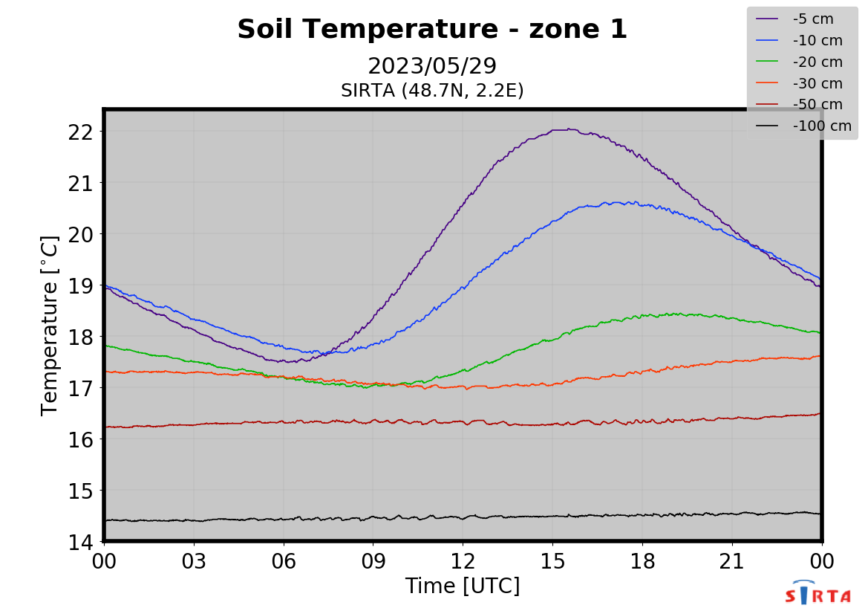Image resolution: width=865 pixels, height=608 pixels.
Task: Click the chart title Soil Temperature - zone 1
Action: coord(432,30)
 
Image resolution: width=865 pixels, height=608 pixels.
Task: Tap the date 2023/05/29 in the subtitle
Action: coord(432,66)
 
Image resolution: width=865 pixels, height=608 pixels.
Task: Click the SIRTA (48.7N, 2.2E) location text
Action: coord(432,91)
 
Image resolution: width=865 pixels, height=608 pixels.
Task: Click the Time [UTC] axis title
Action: coord(463,586)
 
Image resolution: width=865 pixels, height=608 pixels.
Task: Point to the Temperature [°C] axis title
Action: coord(50,326)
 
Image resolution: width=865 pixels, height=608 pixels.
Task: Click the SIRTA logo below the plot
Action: coord(817,594)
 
